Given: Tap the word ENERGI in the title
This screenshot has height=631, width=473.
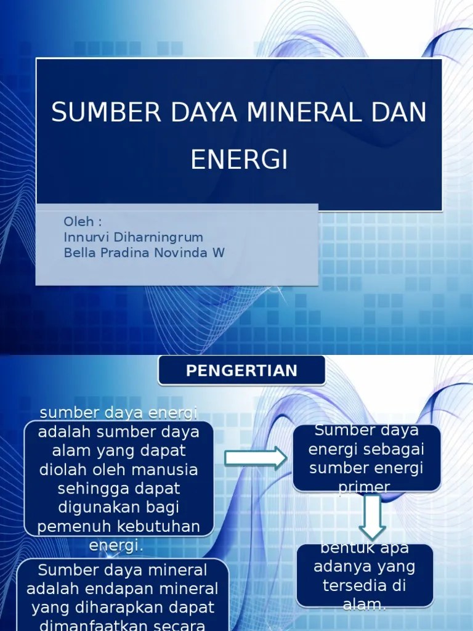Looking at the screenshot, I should coord(240,160).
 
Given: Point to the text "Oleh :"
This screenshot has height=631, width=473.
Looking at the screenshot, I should coord(83,222).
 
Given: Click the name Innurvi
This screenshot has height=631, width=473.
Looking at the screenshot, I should coord(86,237).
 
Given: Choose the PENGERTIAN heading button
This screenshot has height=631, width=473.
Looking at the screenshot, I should coord(241,371).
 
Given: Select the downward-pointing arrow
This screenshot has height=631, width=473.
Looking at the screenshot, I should coord(372,516).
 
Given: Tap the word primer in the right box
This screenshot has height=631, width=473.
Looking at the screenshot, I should coord(364,487).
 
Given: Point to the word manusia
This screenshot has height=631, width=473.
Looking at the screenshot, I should coord(168,470).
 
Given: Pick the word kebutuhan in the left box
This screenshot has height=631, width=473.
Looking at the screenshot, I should coord(163,527).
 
